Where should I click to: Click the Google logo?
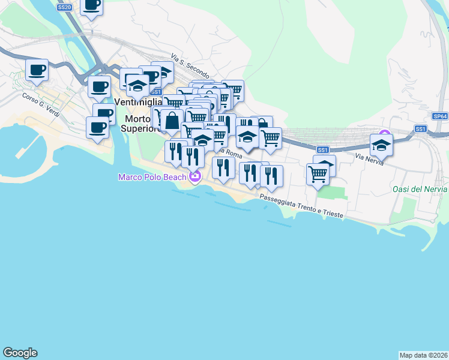(20, 353)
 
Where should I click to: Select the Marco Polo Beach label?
(152, 176)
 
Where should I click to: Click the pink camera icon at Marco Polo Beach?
(194, 176)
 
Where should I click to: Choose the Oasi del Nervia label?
(420, 189)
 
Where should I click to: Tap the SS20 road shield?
(64, 7)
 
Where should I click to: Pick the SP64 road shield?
(440, 116)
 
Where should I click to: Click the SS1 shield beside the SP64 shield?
(420, 129)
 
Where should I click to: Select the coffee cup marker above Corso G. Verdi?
(37, 70)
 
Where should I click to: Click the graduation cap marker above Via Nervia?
(381, 144)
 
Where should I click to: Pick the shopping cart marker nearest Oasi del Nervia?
(318, 174)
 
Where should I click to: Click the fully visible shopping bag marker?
(172, 120)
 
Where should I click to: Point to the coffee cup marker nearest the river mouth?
(98, 127)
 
